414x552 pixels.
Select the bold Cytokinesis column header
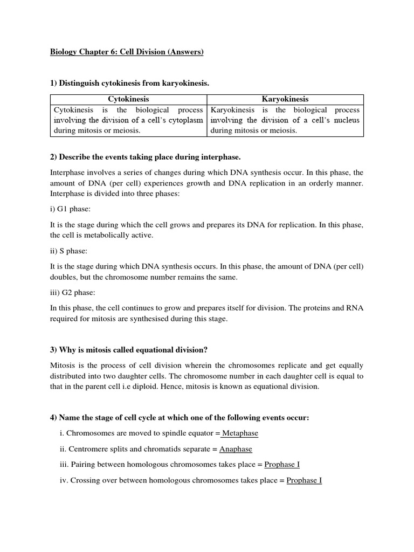click(128, 99)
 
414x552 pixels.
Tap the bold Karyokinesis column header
click(285, 99)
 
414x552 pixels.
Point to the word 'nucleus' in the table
click(346, 120)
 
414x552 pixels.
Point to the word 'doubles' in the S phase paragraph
click(63, 277)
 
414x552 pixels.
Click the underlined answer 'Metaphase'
click(240, 433)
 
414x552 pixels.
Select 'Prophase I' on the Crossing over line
click(304, 480)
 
